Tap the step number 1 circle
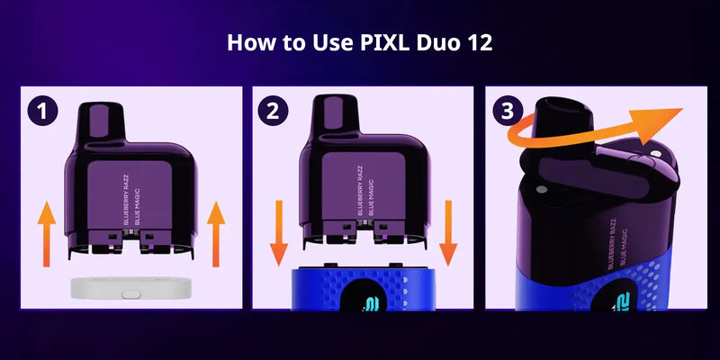[42, 112]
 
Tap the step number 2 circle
[273, 112]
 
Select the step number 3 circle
[508, 112]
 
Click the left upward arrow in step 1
[47, 234]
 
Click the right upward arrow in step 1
[216, 234]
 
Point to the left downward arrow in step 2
[278, 233]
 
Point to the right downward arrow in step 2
[448, 233]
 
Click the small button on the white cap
[131, 294]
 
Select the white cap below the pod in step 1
[131, 288]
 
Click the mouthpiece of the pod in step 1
[102, 121]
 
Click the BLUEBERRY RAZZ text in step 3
[611, 244]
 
